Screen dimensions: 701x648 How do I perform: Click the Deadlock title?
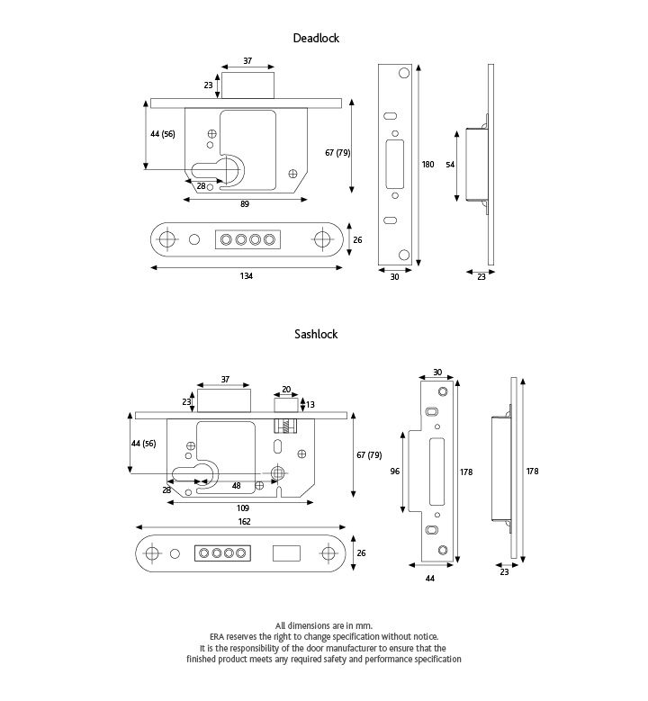(315, 39)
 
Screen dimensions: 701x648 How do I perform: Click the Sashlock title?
(315, 334)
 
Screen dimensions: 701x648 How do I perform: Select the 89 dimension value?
(245, 205)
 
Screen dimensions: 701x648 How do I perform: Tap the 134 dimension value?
(246, 276)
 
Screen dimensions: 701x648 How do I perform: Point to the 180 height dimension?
(427, 165)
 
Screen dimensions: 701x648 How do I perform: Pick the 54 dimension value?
(451, 165)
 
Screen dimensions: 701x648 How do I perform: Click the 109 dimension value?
(243, 508)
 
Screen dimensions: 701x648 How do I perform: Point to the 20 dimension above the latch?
(287, 390)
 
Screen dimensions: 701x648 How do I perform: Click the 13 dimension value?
(311, 404)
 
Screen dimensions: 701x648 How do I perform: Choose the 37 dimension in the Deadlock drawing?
(247, 61)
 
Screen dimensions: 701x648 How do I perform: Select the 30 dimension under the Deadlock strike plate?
(393, 277)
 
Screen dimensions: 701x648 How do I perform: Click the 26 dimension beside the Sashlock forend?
(362, 553)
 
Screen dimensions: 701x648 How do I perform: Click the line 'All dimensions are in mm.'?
(323, 625)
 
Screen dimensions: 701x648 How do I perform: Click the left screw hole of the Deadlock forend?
(166, 239)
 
